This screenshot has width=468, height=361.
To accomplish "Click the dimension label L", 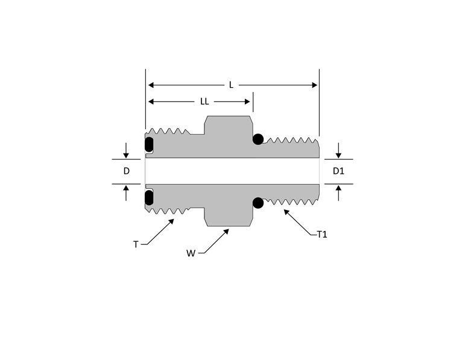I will click(x=231, y=85).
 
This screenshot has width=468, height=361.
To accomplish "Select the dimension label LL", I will click(x=205, y=102).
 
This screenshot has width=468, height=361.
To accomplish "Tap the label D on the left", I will click(x=126, y=171).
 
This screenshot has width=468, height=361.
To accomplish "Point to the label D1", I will click(x=338, y=171).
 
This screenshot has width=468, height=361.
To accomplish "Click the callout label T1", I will click(x=322, y=234).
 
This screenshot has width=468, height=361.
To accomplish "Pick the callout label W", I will click(x=191, y=253).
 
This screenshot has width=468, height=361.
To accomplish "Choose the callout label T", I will click(x=136, y=244).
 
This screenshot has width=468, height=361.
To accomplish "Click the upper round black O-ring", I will click(x=258, y=140).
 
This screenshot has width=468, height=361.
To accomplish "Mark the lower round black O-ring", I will click(x=258, y=203).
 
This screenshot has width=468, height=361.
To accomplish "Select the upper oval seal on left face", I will click(x=149, y=145).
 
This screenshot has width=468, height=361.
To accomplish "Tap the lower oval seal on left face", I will click(x=149, y=197).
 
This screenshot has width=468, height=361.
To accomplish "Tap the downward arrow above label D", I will click(x=126, y=154).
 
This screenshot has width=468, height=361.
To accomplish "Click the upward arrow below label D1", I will click(x=338, y=189).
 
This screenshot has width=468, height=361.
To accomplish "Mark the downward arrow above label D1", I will click(x=338, y=154).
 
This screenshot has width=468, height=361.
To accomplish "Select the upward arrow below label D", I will click(x=126, y=189).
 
